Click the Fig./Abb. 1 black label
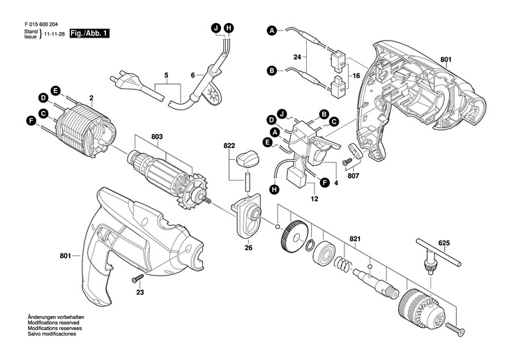[89, 33]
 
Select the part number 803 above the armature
[157, 137]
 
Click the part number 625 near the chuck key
[443, 243]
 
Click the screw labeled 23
[137, 278]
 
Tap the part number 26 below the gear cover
[248, 248]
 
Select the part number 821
[355, 239]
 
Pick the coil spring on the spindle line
[343, 262]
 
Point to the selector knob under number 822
[246, 159]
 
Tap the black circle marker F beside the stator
[31, 121]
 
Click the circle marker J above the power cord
[216, 28]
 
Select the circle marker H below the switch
[275, 189]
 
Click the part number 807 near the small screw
[354, 175]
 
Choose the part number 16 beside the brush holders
[356, 76]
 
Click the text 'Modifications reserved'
[53, 323]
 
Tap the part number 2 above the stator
[91, 98]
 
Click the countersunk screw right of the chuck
[455, 329]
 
